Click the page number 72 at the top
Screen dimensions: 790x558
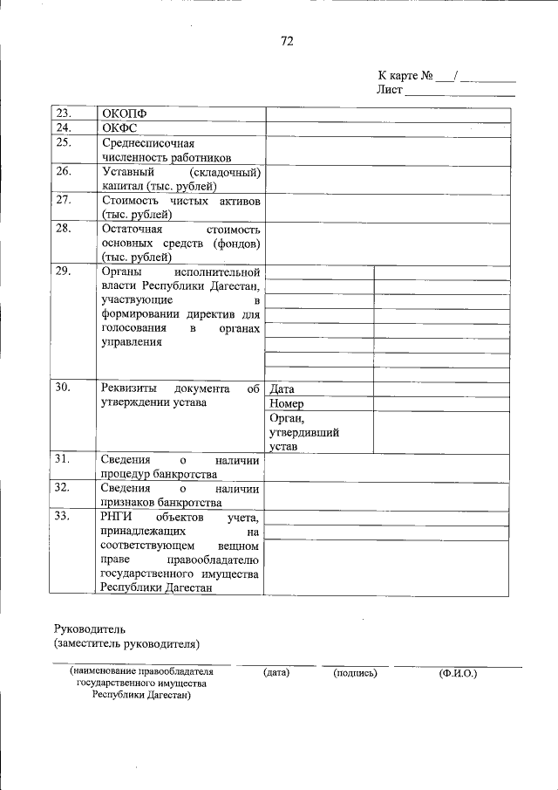[287, 41]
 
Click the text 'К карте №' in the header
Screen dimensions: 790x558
[405, 76]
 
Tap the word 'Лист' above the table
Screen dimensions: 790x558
[389, 90]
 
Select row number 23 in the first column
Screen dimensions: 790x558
[63, 113]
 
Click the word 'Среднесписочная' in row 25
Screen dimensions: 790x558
[147, 143]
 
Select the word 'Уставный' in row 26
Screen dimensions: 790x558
[127, 172]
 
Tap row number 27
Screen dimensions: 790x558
[63, 200]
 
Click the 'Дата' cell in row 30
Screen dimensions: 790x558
[282, 389]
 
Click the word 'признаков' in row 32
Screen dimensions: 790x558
[128, 502]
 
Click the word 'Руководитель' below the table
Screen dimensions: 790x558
[91, 629]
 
